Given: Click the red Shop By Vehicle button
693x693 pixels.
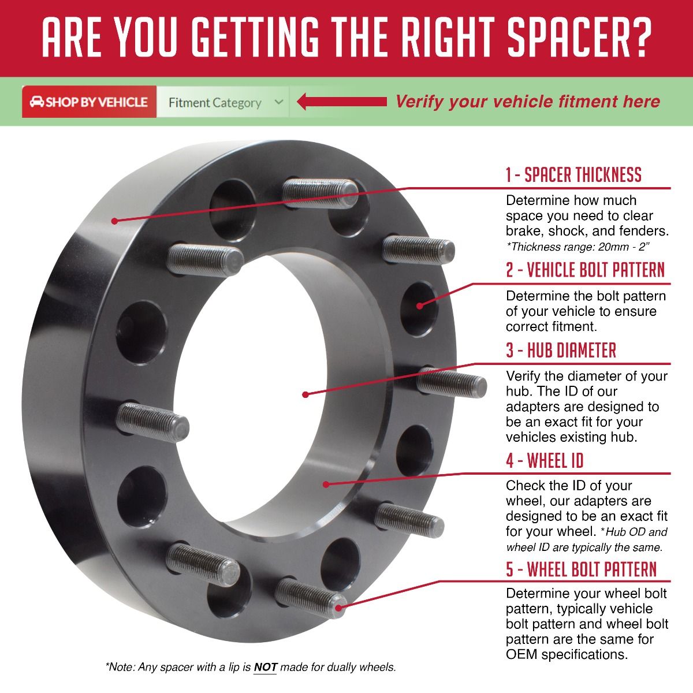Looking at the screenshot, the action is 89,102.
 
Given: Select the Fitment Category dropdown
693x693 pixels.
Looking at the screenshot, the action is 223,102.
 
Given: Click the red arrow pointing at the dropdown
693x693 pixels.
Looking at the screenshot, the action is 342,102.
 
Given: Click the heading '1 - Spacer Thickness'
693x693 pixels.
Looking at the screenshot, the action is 573,175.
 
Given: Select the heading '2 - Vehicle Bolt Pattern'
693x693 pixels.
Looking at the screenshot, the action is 585,270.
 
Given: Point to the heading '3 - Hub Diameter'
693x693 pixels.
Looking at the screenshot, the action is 561,351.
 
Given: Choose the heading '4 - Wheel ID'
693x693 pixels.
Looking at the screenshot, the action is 545,461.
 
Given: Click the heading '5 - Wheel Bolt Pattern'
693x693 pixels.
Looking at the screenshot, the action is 581,569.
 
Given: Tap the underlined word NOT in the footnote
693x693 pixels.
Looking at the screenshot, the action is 265,668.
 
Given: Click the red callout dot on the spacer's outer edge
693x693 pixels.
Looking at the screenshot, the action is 114,221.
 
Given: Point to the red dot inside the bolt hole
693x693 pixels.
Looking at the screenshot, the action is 419,305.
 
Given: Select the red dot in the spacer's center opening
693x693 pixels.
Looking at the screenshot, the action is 305,394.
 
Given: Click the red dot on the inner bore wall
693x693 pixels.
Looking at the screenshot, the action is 326,485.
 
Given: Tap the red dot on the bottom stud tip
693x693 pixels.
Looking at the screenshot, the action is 338,608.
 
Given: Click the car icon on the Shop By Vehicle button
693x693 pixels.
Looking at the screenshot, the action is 37,102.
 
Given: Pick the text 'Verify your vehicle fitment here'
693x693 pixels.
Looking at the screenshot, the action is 528,102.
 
